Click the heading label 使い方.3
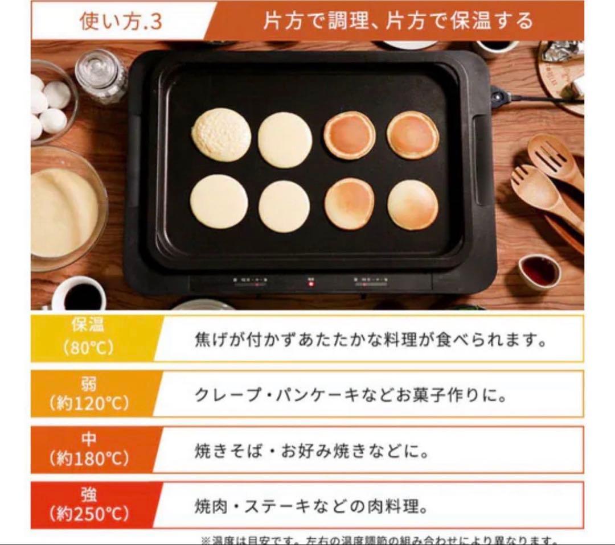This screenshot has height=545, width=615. pyautogui.click(x=121, y=21)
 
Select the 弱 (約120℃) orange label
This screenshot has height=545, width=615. pyautogui.click(x=89, y=394)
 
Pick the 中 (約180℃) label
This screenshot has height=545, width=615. pyautogui.click(x=89, y=449)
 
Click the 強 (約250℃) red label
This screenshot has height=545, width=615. pyautogui.click(x=89, y=505)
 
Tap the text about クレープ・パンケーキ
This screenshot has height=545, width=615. pyautogui.click(x=350, y=395)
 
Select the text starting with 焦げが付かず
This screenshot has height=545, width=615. pyautogui.click(x=370, y=340)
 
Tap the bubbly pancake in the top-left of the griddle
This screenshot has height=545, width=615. pyautogui.click(x=221, y=135)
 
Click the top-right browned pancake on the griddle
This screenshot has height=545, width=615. pyautogui.click(x=413, y=135)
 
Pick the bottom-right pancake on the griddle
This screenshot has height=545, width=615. pyautogui.click(x=413, y=205)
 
